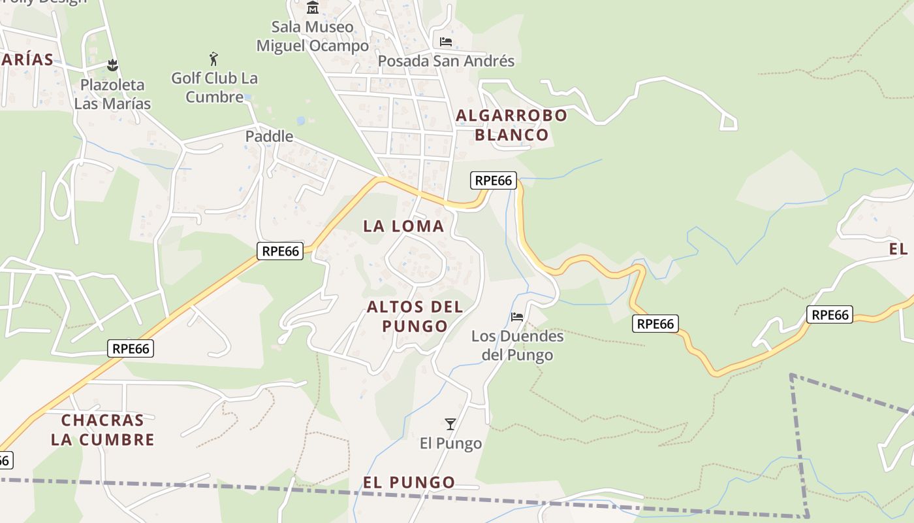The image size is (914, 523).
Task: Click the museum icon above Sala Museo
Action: click(x=313, y=8)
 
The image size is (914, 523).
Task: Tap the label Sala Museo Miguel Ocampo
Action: click(x=313, y=37)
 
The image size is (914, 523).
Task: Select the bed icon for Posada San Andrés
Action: click(x=446, y=42)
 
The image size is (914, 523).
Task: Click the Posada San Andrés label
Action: click(x=446, y=61)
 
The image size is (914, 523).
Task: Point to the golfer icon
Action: click(x=213, y=59)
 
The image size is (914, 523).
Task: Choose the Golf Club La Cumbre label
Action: click(x=214, y=88)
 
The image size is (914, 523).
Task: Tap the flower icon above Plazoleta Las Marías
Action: click(x=112, y=65)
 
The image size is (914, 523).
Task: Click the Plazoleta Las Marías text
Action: click(x=112, y=94)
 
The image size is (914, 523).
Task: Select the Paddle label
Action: click(x=269, y=137)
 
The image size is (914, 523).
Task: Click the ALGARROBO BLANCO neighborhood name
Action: click(x=512, y=126)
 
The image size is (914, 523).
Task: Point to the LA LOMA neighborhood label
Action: click(x=403, y=226)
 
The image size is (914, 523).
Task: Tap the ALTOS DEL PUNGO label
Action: click(x=415, y=316)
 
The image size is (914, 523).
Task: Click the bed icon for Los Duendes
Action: click(x=517, y=317)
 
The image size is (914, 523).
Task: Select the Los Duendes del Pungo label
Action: click(x=517, y=346)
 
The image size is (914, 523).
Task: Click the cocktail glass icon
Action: click(x=450, y=424)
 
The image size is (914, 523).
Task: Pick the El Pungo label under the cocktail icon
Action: click(x=450, y=443)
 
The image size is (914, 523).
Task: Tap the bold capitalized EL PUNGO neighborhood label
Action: click(x=409, y=482)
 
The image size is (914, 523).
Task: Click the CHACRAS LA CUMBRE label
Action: click(x=102, y=430)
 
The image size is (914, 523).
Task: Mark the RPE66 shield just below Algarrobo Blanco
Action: click(x=494, y=180)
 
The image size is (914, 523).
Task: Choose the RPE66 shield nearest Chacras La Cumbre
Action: click(x=131, y=348)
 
